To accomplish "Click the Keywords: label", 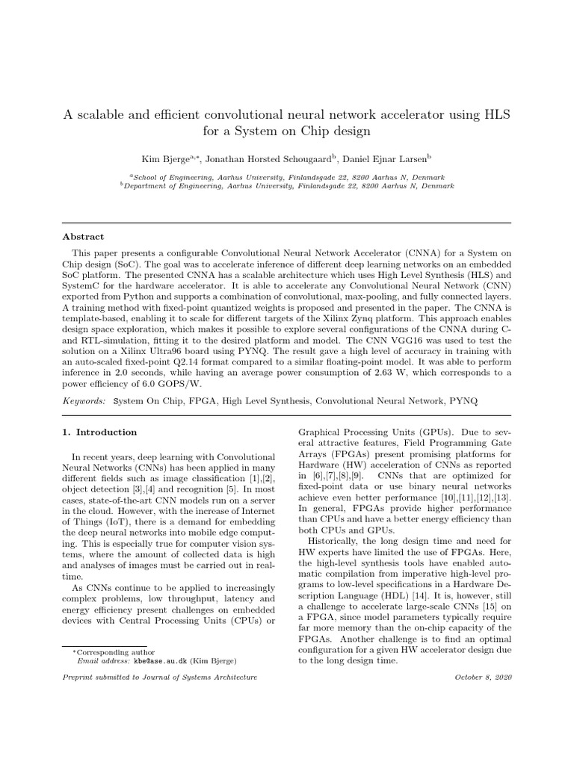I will pos(84,401).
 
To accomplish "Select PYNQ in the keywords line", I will pos(463,401).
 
